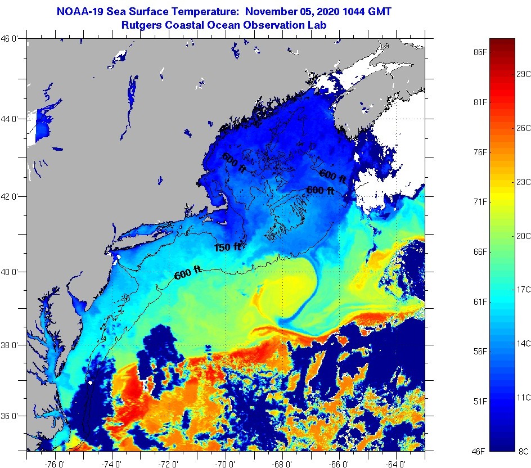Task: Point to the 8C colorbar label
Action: (x=524, y=451)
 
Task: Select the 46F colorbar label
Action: (x=480, y=451)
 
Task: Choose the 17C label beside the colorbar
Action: (x=524, y=289)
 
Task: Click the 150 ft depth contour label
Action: (x=228, y=247)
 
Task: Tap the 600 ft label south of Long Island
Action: (x=188, y=274)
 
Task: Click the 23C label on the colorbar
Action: (x=524, y=182)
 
